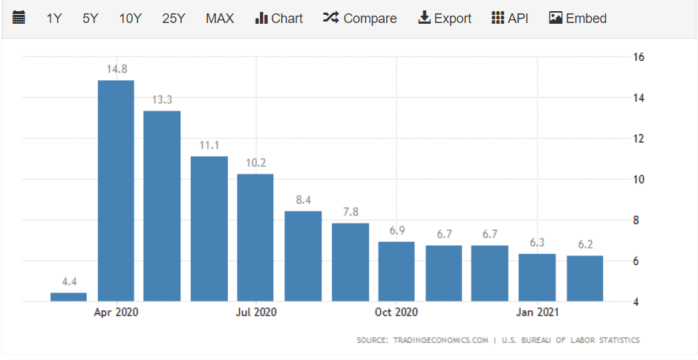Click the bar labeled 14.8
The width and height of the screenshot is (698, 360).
coord(116,190)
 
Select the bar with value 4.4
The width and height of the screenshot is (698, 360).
coord(68,297)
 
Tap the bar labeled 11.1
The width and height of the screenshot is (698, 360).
coord(209,229)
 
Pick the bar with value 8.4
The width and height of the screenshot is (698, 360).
coord(303,256)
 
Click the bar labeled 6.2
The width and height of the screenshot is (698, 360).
coord(584,278)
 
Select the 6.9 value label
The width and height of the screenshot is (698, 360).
coord(397,231)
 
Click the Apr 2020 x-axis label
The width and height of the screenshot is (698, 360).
coord(116,312)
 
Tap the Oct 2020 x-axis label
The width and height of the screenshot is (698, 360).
coord(397,312)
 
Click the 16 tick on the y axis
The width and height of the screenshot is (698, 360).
coord(637,57)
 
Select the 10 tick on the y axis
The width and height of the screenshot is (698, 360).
coord(637,180)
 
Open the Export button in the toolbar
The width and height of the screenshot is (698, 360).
coord(445,19)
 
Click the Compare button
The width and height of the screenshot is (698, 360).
coord(360,19)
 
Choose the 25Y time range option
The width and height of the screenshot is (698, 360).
coord(174,19)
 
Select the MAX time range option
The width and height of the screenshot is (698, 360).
coord(220,19)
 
